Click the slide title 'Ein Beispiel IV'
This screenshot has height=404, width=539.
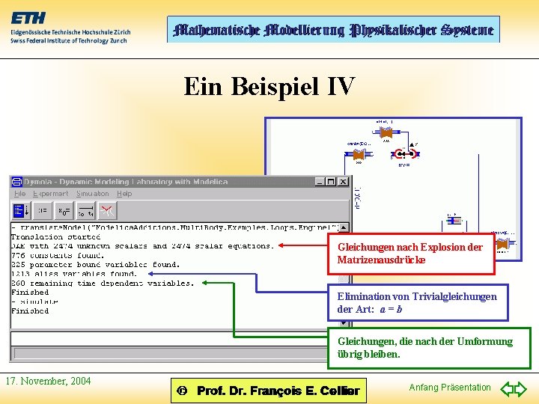pyautogui.click(x=269, y=87)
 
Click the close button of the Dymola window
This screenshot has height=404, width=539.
pyautogui.click(x=344, y=181)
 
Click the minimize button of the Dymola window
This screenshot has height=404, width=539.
pyautogui.click(x=320, y=181)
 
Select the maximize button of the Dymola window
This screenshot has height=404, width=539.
pyautogui.click(x=332, y=181)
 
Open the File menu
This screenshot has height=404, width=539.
pyautogui.click(x=19, y=194)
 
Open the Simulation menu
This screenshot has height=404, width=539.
pyautogui.click(x=93, y=194)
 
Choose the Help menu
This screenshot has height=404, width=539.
pyautogui.click(x=124, y=194)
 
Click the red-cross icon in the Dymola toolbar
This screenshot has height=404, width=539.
pyautogui.click(x=107, y=210)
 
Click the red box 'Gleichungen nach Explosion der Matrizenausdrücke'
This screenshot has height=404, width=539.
pyautogui.click(x=411, y=254)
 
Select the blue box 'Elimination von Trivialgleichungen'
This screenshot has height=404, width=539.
pyautogui.click(x=418, y=302)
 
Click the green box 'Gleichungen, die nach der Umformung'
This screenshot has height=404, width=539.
pyautogui.click(x=429, y=347)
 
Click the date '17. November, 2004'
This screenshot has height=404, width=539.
pyautogui.click(x=48, y=382)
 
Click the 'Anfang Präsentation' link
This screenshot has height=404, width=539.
pyautogui.click(x=450, y=388)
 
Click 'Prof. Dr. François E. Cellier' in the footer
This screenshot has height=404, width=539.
pyautogui.click(x=277, y=391)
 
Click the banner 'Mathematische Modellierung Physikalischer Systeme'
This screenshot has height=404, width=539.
pyautogui.click(x=333, y=30)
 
